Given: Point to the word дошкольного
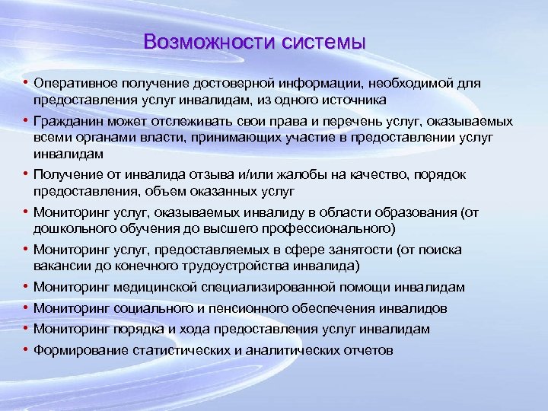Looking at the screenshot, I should [x=69, y=228].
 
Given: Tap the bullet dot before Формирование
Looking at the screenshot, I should [x=25, y=350].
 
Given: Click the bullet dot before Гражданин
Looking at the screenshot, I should [x=25, y=121].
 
